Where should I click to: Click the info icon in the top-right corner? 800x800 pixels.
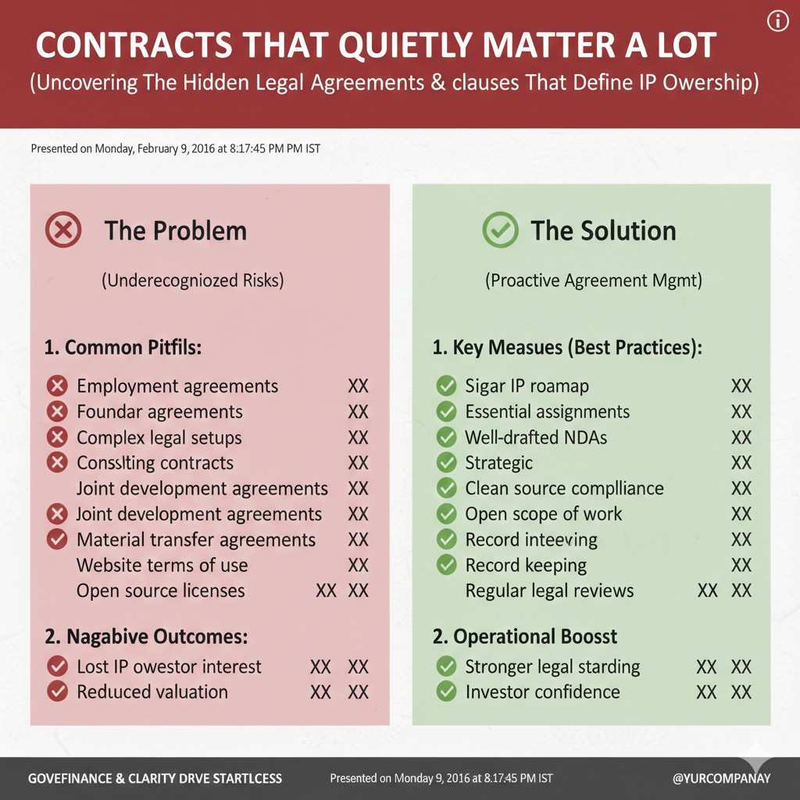click(x=777, y=22)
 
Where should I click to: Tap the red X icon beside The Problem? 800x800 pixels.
click(x=63, y=231)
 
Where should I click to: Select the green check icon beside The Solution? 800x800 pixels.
click(x=500, y=230)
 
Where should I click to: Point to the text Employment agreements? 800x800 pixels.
click(x=177, y=386)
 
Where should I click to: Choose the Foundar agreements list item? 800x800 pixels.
click(x=159, y=412)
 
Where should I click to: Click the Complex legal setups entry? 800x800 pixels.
click(x=159, y=437)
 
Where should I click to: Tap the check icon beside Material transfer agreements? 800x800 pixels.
click(x=57, y=540)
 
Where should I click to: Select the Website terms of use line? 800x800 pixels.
click(x=162, y=565)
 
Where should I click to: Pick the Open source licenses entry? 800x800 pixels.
click(x=160, y=591)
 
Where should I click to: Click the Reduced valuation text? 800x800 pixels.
click(x=152, y=691)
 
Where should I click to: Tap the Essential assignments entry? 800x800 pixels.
click(x=547, y=412)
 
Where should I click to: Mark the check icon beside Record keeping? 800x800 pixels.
click(x=446, y=565)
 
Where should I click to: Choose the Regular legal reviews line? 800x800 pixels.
click(x=549, y=591)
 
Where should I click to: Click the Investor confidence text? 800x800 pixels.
click(x=542, y=691)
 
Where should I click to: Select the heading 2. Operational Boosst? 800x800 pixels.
click(x=525, y=637)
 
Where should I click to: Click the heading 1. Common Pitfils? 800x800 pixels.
click(x=123, y=348)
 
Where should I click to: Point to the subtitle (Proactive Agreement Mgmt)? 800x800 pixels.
click(x=593, y=281)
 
